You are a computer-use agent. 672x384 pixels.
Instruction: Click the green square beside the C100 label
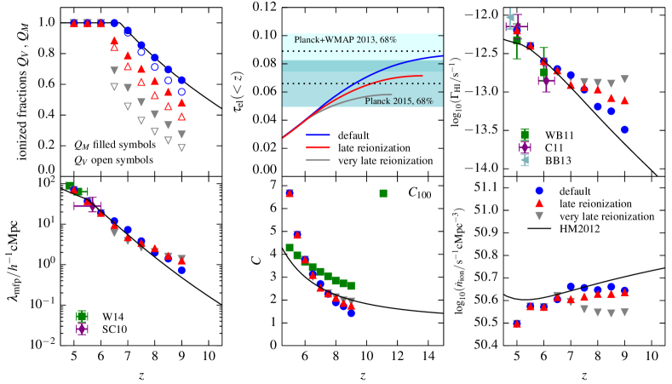point(384,193)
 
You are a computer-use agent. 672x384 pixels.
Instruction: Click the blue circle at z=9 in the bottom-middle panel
point(352,312)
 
